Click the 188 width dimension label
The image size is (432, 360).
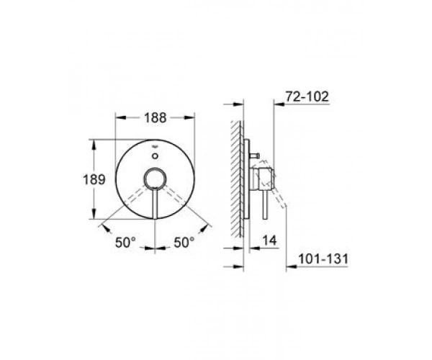[x=156, y=118]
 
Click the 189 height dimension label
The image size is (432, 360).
[x=94, y=180]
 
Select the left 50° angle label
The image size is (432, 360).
[x=125, y=243]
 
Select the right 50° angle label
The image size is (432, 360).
[x=184, y=243]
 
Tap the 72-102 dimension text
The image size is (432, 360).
[x=307, y=96]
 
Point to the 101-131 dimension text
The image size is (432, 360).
[x=323, y=259]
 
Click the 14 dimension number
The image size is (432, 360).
[x=269, y=240]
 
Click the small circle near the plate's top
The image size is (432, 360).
[x=155, y=156]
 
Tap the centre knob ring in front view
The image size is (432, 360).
[x=155, y=179]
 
